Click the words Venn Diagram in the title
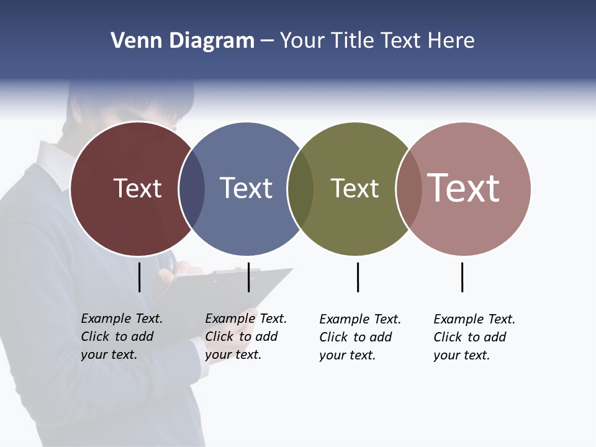click(x=183, y=41)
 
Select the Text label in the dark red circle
click(x=137, y=188)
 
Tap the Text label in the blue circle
click(x=246, y=188)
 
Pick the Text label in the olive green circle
click(x=354, y=188)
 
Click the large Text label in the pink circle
click(x=464, y=188)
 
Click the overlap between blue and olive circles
click(x=300, y=189)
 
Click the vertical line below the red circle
click(x=139, y=277)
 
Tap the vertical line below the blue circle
click(x=248, y=277)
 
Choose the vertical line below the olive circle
click(x=358, y=277)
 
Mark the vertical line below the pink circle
click(x=462, y=277)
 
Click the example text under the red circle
click(x=122, y=336)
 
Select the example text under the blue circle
click(x=246, y=336)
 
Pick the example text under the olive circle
click(x=360, y=337)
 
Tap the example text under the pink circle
click(x=474, y=337)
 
